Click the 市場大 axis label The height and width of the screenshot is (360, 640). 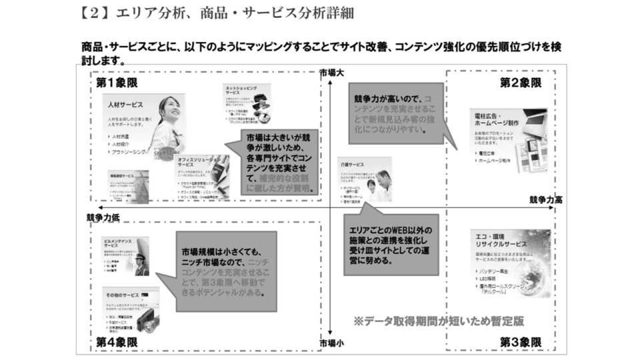click(331, 72)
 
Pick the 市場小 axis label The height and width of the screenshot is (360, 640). click(331, 343)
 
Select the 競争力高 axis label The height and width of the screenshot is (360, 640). click(546, 199)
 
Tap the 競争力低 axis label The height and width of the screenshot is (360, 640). click(103, 217)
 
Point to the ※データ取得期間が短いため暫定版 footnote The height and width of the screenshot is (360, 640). click(438, 321)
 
